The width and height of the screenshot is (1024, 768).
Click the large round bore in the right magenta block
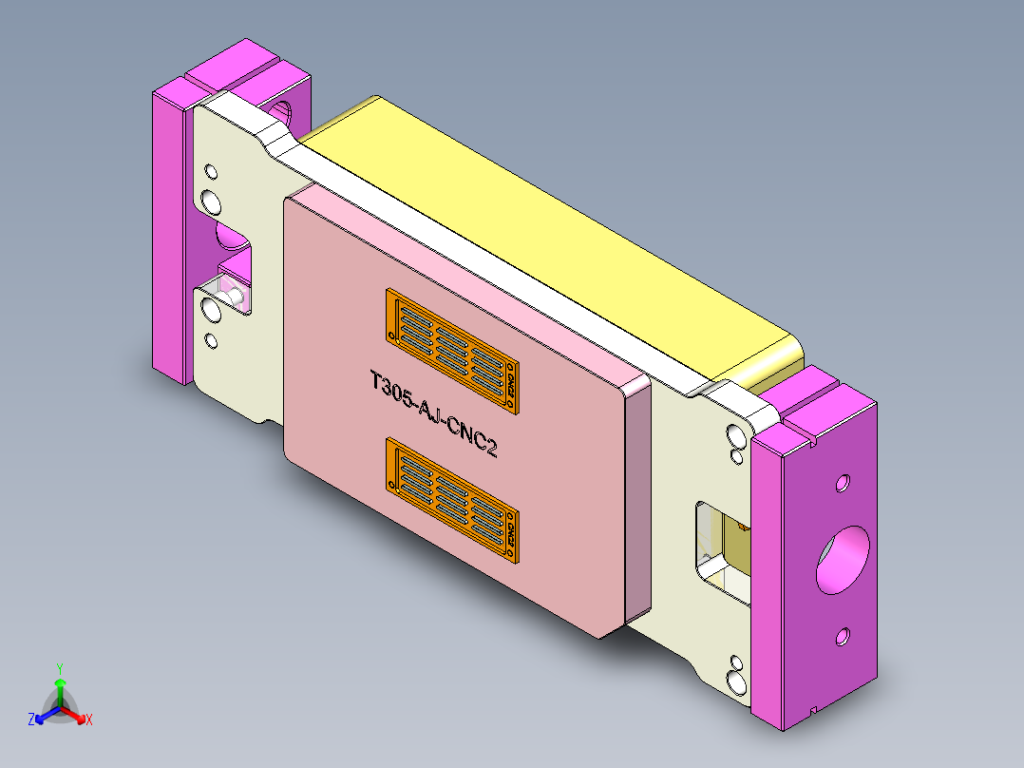843,559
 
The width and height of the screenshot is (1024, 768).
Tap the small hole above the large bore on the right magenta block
842,485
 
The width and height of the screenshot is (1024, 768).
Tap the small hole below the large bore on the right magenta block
841,636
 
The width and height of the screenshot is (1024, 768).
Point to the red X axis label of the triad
89,720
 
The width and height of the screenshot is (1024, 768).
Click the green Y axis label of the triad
59,667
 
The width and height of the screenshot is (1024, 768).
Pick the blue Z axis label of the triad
31,720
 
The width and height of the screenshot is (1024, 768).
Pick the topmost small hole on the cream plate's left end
211,172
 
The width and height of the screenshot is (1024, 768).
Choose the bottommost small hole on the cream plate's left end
211,339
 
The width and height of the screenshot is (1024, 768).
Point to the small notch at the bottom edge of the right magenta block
815,711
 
